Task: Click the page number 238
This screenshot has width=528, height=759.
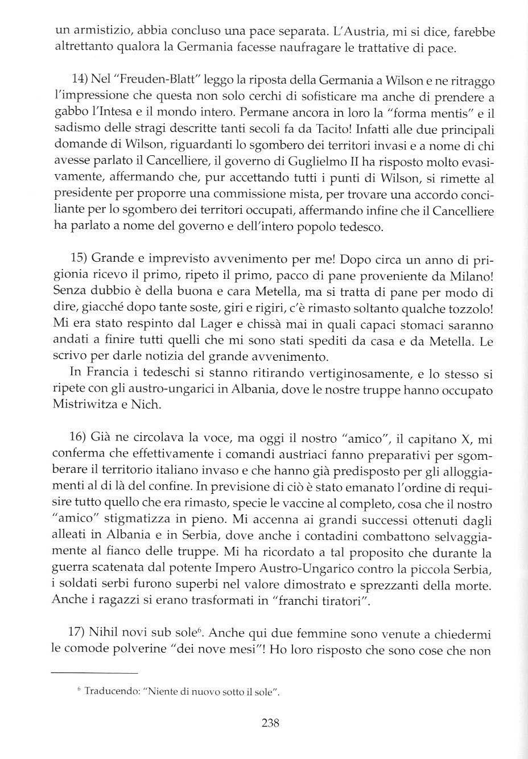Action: (270, 724)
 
